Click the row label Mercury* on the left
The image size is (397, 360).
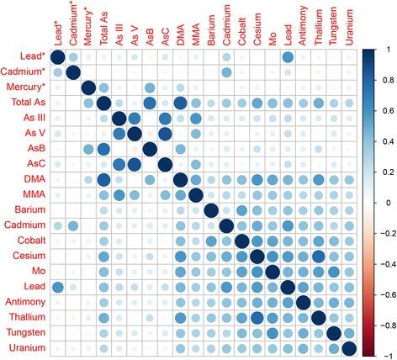(25, 88)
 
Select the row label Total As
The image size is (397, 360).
(29, 103)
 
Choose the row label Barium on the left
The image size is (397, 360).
(31, 210)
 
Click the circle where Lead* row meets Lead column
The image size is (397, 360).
(288, 57)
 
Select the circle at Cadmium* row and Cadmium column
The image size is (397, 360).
(226, 72)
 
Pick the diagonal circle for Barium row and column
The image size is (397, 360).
(211, 210)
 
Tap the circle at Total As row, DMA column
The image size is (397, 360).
(180, 103)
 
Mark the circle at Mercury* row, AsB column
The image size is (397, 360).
(150, 88)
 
